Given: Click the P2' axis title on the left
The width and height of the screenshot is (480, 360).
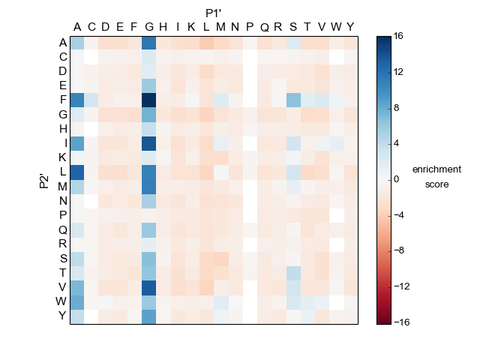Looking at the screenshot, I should [44, 179].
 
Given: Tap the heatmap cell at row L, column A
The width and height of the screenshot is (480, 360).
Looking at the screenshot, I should [77, 172].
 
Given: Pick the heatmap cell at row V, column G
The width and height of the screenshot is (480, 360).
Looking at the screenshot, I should [148, 287].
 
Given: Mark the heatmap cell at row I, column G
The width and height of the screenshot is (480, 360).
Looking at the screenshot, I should [148, 143].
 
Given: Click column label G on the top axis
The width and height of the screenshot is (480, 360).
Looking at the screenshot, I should [148, 28].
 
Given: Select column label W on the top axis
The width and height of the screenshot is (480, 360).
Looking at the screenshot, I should [336, 28].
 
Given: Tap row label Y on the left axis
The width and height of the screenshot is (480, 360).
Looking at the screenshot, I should [63, 316].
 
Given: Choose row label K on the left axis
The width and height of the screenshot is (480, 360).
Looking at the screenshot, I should [63, 157].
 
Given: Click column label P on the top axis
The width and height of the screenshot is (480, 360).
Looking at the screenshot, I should [250, 28].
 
